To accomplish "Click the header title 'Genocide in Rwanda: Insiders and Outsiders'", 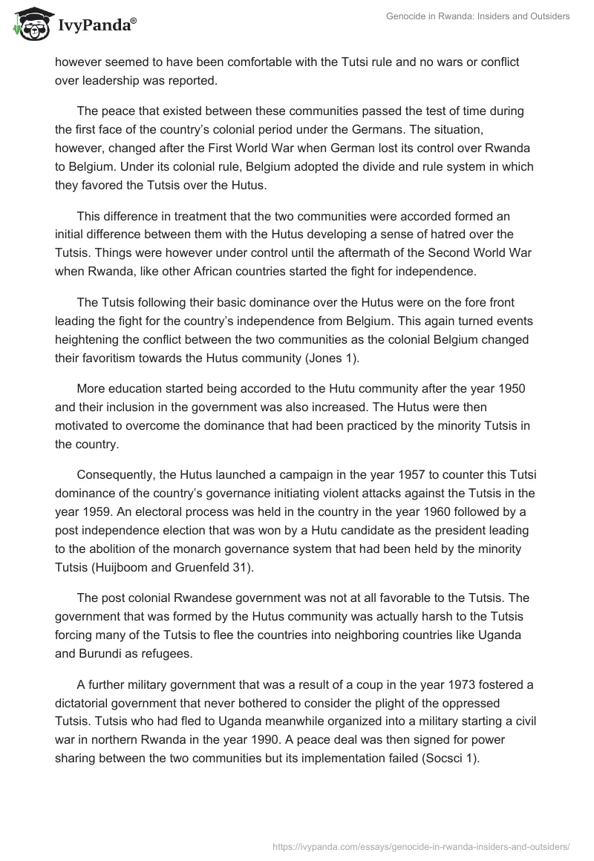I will tap(478, 16).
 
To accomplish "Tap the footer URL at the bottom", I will tap(421, 845).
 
